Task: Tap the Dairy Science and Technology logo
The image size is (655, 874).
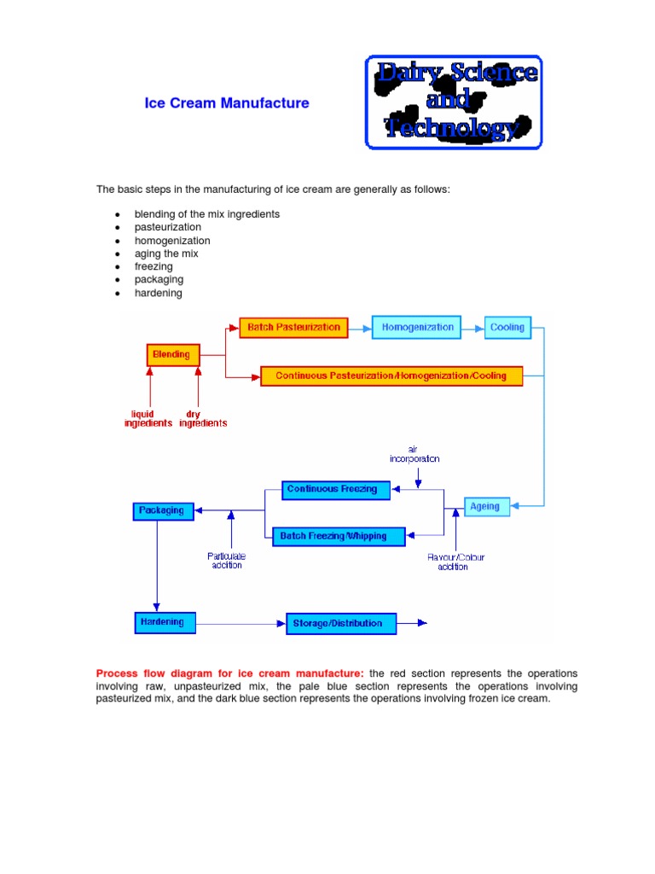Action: pos(454,102)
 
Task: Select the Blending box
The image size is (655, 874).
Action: pos(174,353)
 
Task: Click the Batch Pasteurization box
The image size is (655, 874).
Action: pos(294,327)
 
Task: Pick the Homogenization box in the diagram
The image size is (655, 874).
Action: pos(417,327)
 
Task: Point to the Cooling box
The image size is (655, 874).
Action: pos(507,327)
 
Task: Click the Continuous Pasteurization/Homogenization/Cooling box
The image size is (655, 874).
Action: pos(391,376)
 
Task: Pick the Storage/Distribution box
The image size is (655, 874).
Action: pos(341,623)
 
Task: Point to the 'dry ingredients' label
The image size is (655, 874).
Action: pos(203,417)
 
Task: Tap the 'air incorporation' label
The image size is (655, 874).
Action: pos(415,453)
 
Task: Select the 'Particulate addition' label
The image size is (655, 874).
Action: pos(226,561)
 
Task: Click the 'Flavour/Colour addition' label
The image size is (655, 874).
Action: pos(452,562)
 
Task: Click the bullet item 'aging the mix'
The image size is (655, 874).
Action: pos(165,253)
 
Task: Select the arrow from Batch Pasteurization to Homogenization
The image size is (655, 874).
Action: pos(360,327)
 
